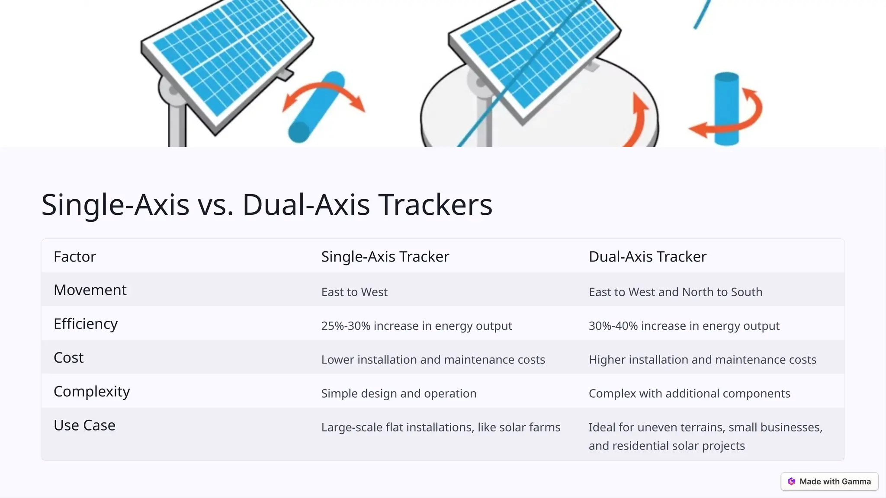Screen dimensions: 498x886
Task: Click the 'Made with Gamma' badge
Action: (829, 482)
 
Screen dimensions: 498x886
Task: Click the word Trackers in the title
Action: (435, 204)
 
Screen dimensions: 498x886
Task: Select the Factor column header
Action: (74, 256)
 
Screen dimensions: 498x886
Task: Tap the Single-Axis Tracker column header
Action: (385, 256)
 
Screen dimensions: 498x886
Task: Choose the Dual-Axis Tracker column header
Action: (647, 256)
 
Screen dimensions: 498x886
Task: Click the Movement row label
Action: (90, 290)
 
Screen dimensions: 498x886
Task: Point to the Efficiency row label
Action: (85, 323)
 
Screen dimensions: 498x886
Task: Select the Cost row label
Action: (68, 358)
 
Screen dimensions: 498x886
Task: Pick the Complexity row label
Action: (91, 391)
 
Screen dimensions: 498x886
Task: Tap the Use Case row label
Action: (84, 425)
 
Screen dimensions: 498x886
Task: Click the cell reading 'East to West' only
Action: (354, 292)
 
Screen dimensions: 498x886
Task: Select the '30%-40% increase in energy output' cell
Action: (684, 326)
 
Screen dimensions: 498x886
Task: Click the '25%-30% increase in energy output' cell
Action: (416, 326)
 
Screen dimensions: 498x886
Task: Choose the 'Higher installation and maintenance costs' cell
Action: (702, 359)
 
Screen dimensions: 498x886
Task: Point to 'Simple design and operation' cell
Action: (398, 393)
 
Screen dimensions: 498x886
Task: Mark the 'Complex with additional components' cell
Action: (689, 393)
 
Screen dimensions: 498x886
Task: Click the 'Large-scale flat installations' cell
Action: (440, 427)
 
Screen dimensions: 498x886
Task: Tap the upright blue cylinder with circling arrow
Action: (726, 108)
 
